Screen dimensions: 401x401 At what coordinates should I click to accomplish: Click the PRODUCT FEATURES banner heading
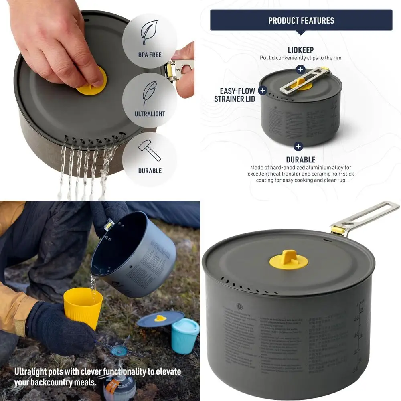(301, 20)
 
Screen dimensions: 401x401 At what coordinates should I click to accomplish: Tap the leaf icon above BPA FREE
(150, 32)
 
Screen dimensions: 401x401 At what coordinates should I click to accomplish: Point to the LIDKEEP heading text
(301, 50)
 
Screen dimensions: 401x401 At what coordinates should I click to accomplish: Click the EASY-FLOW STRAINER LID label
(235, 95)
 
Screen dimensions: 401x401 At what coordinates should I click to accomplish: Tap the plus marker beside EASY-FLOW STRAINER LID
(263, 90)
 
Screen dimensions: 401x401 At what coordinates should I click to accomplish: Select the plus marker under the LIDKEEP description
(301, 70)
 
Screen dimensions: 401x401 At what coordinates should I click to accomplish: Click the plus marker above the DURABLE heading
(298, 146)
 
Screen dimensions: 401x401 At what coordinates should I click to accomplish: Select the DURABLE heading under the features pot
(301, 160)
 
